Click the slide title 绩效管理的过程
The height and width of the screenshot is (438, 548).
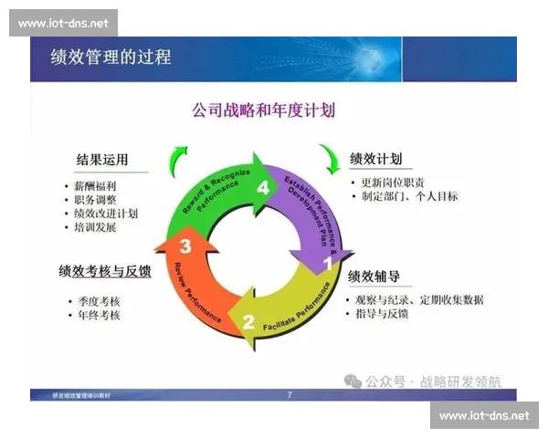coord(111,57)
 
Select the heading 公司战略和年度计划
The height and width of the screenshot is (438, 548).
coord(263,110)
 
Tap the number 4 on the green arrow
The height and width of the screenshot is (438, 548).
coord(264,188)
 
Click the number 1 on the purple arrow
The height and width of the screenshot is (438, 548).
coord(326,265)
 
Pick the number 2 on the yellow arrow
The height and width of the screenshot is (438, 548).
coord(248,321)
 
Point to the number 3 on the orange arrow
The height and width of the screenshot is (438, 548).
coord(185,245)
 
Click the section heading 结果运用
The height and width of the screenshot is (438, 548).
coord(102,160)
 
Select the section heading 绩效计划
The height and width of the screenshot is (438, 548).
coord(375,159)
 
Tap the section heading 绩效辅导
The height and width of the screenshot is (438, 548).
coord(374,276)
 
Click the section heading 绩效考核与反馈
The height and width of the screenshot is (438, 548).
coord(104,271)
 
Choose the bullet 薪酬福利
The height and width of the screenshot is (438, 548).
coord(96,185)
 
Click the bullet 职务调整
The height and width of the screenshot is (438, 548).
coord(96,199)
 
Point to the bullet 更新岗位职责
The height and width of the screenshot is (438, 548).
coord(393,182)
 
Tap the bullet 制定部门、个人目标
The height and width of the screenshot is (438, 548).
coord(408,196)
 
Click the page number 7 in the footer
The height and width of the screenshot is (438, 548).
coord(290,395)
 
